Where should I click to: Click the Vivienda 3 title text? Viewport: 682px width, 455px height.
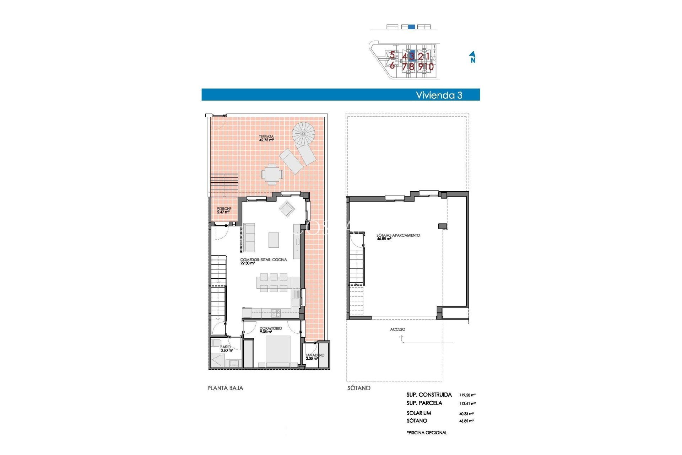(x=439, y=95)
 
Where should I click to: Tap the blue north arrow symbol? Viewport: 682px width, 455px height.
(x=472, y=57)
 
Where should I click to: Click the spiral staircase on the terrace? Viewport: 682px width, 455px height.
(x=303, y=134)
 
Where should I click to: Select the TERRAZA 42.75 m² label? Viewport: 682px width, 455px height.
(x=266, y=138)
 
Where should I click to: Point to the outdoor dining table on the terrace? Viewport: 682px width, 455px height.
(x=272, y=174)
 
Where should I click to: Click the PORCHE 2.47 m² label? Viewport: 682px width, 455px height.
(x=224, y=210)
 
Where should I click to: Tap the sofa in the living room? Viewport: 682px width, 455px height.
(x=249, y=237)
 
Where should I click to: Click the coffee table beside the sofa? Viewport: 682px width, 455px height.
(x=274, y=240)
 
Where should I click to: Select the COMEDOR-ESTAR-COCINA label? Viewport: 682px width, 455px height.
(x=263, y=261)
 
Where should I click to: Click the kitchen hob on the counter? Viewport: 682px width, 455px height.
(x=276, y=313)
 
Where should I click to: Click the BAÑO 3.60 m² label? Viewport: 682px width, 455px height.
(x=226, y=348)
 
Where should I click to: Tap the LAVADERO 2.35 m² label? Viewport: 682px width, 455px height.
(x=315, y=357)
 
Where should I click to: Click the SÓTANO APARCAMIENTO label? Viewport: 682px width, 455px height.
(x=398, y=237)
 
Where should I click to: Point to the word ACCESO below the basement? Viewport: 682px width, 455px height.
(x=397, y=329)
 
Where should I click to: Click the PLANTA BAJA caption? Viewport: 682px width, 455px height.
(x=225, y=388)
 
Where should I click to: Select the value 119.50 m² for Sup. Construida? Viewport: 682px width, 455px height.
(x=467, y=395)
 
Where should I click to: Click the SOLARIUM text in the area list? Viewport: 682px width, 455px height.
(x=419, y=413)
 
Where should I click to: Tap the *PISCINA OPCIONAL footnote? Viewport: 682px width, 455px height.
(x=427, y=433)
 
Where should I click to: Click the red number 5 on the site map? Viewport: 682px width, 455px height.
(x=392, y=55)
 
